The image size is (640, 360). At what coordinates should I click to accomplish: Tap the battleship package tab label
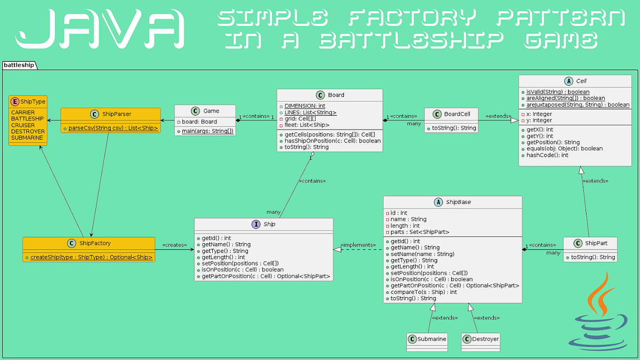(x=19, y=65)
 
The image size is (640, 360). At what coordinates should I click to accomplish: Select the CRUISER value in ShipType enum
(x=23, y=125)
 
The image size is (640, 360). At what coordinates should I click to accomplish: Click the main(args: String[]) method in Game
(x=206, y=131)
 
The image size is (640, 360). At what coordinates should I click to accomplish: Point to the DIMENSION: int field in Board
(x=305, y=106)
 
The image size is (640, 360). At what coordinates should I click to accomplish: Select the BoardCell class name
(x=457, y=114)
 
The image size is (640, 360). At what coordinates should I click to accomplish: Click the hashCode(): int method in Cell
(x=547, y=155)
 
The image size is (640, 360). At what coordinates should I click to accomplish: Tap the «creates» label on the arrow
(x=174, y=245)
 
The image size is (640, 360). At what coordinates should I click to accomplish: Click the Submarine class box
(x=427, y=340)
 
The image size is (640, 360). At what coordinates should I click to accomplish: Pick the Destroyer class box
(x=481, y=340)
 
